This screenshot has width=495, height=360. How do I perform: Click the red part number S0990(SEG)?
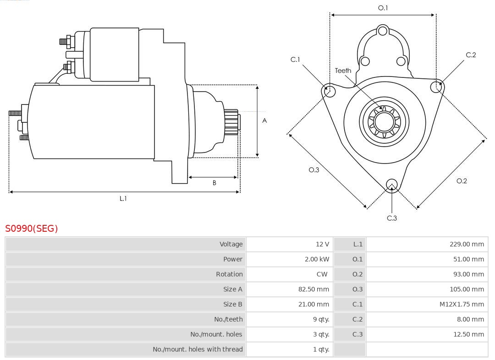pos(32,228)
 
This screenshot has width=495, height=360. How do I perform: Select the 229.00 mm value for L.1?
pos(466,244)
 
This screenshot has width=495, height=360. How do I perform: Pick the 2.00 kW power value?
pos(317,259)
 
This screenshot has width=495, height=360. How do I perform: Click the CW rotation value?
pos(322,274)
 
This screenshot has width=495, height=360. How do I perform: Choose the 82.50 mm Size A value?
pos(313,289)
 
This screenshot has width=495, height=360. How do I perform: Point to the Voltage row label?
pos(231,244)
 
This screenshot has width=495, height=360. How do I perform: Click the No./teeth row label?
pos(228,319)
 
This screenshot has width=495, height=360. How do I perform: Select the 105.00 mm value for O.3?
pos(465,289)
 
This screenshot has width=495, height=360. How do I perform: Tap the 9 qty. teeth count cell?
pos(321,319)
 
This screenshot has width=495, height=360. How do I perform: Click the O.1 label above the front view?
pos(383,8)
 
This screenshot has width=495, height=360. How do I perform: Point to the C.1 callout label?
pos(295,60)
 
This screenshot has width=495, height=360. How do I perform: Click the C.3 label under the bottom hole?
pos(392,218)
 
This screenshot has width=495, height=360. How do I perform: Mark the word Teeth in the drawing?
pos(343,71)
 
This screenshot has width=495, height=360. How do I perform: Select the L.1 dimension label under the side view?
pos(123,198)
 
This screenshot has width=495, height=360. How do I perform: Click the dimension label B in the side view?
pos(214,183)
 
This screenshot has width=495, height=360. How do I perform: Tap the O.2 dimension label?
pos(462,181)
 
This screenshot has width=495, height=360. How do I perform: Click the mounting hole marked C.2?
pos(436,86)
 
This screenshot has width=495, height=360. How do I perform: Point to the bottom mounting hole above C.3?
pos(391,184)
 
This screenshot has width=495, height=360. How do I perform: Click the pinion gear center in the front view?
pos(384,121)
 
